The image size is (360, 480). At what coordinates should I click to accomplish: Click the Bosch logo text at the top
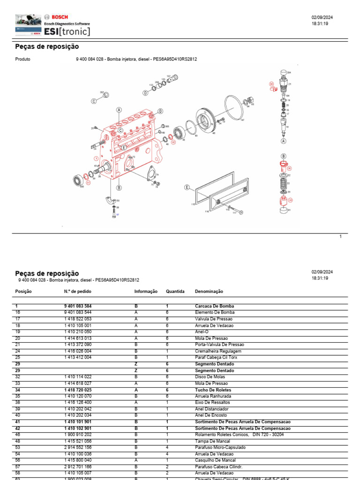[60, 17]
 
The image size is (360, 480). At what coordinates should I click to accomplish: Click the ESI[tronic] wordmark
[67, 31]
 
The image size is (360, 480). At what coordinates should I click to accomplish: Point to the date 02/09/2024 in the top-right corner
[322, 17]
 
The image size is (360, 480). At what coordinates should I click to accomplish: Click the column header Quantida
[175, 291]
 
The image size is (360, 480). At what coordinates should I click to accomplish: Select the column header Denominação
[209, 291]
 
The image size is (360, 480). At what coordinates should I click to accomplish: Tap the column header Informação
[146, 291]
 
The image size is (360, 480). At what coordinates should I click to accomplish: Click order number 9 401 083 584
[78, 306]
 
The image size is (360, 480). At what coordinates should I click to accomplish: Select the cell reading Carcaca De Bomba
[214, 306]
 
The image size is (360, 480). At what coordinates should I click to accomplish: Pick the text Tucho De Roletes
[213, 390]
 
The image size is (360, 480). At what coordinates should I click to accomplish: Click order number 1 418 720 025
[78, 390]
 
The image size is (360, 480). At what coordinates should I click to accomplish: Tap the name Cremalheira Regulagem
[218, 351]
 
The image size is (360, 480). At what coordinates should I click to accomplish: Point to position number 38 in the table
[18, 403]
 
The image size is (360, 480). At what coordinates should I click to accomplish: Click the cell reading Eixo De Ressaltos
[212, 403]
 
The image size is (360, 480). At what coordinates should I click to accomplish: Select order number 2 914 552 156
[78, 448]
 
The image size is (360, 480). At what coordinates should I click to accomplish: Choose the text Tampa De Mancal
[212, 441]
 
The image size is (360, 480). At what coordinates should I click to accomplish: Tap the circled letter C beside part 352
[94, 101]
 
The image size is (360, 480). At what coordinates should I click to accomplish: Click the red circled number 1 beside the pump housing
[96, 158]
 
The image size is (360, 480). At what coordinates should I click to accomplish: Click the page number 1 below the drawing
[341, 237]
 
